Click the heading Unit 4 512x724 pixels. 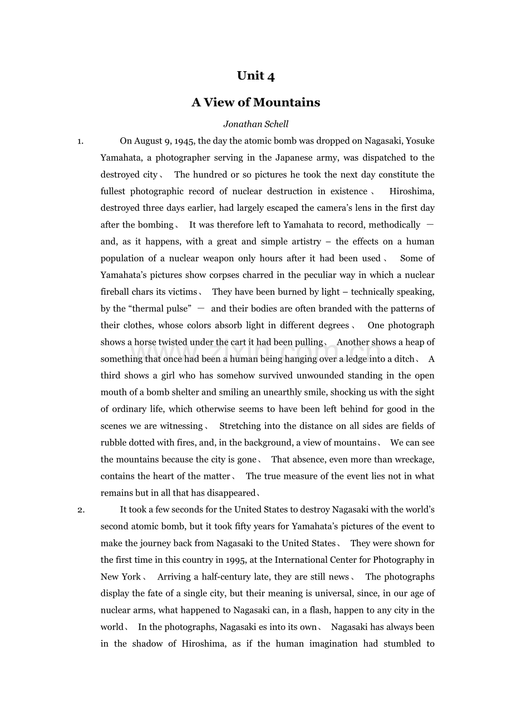[256, 76]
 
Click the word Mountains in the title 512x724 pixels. [287, 102]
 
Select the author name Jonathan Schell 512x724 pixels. [256, 124]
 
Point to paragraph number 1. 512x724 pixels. [80, 141]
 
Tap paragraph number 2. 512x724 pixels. [81, 510]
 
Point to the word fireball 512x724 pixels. [115, 291]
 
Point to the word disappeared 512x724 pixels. [230, 493]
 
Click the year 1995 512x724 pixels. [235, 560]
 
